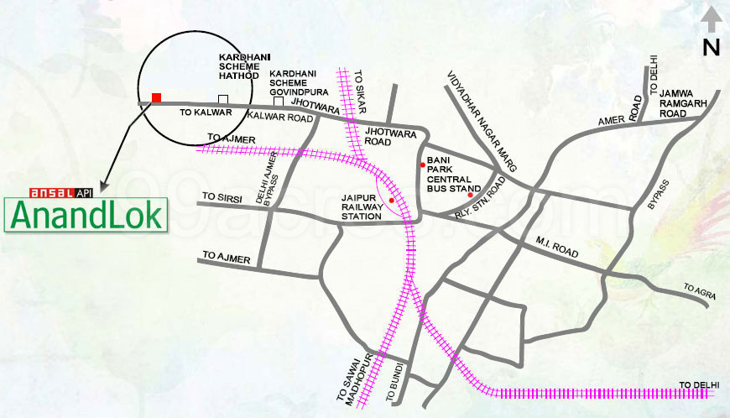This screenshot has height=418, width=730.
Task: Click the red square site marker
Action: coord(156,98)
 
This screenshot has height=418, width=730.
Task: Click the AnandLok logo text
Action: coord(86,215)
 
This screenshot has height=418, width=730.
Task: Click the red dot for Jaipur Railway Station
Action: coord(391,201)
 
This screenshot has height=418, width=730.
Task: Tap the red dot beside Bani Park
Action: coord(422,165)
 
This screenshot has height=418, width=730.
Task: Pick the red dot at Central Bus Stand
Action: coord(470,196)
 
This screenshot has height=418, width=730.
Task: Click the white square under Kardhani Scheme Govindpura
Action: coord(279,101)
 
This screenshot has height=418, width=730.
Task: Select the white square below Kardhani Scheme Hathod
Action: coord(222,99)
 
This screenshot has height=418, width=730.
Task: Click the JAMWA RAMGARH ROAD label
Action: coord(684,102)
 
